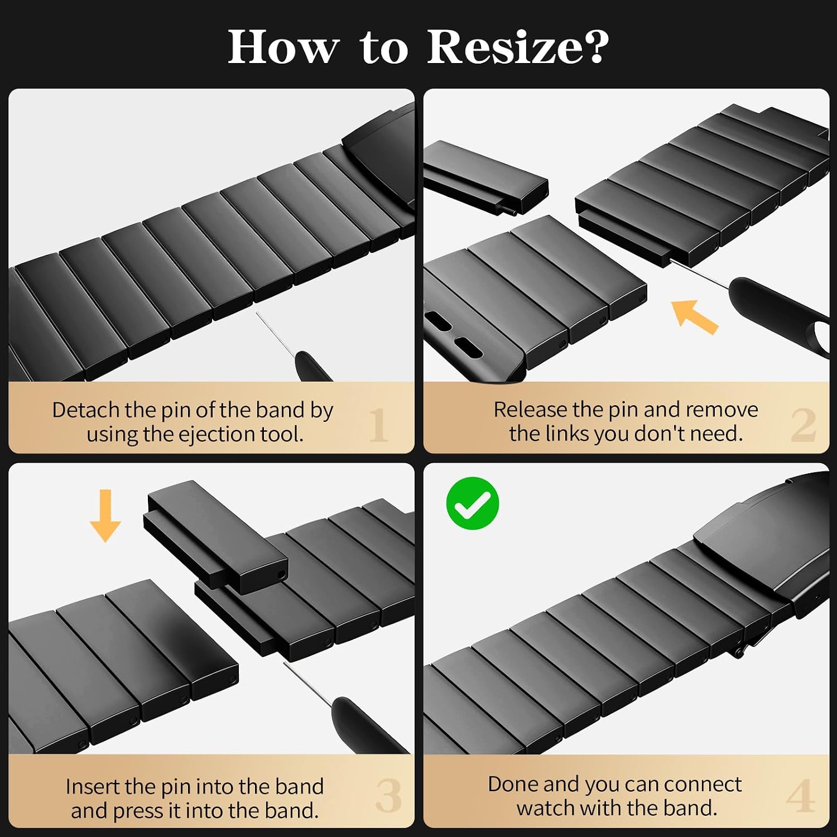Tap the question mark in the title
coord(594,46)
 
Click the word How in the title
coord(283,46)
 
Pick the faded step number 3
coord(389,796)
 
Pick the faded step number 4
coord(801,796)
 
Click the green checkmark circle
coord(473,503)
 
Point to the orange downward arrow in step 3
coord(105,516)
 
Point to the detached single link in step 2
coord(485,177)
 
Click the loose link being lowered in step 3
coord(217,537)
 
